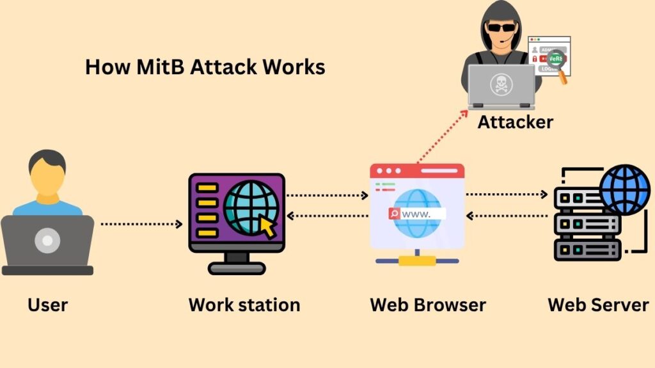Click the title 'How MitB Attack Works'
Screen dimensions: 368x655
205,67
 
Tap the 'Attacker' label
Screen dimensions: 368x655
515,122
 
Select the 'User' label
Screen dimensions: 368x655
48,305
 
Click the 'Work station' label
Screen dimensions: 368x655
244,305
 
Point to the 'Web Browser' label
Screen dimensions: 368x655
428,305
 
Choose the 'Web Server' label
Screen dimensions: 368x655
598,305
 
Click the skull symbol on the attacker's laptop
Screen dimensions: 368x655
500,84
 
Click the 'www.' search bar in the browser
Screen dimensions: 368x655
416,214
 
